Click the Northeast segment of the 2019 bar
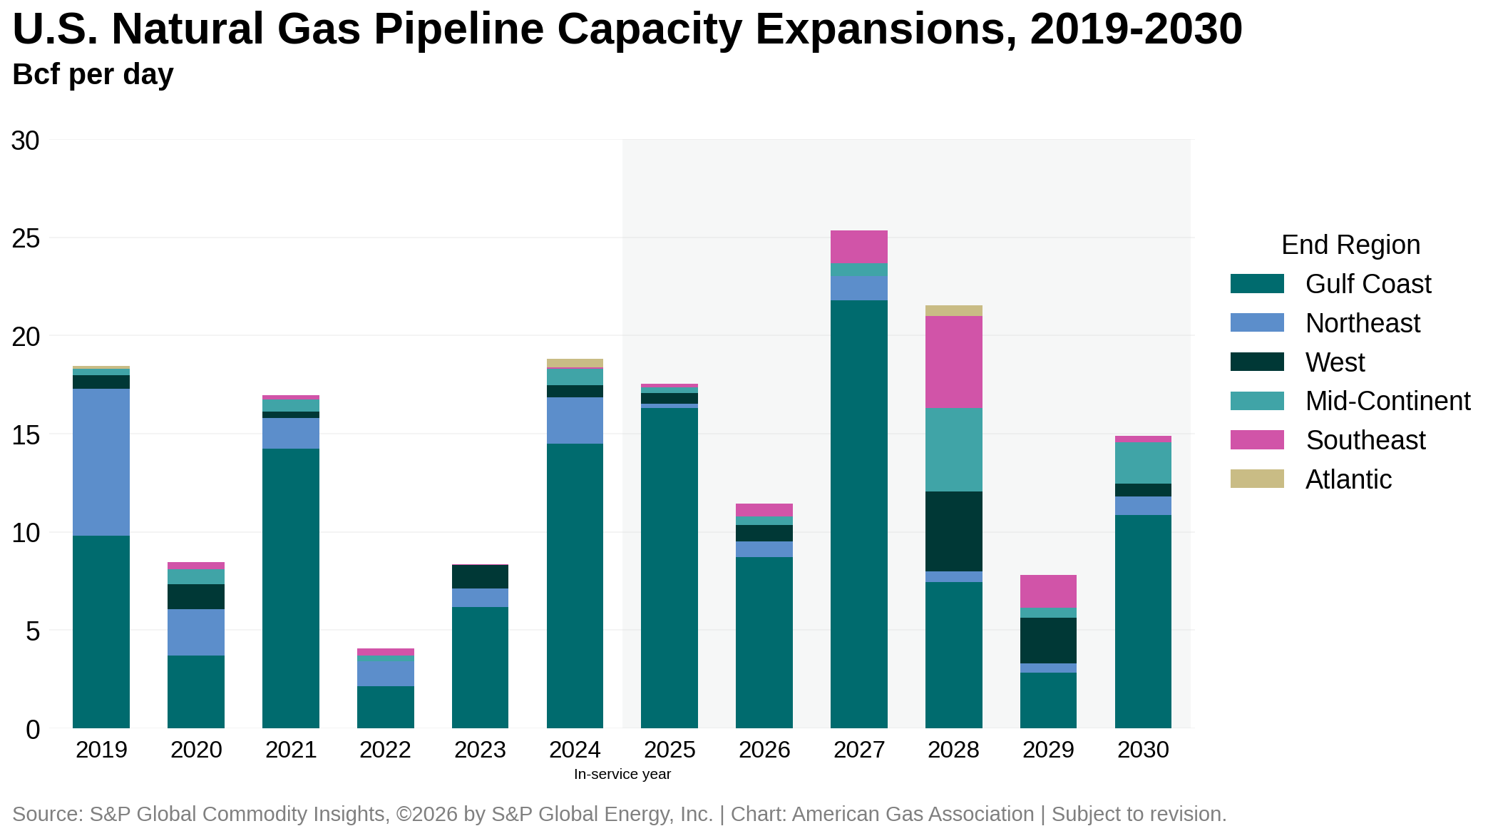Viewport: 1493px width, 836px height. coord(101,462)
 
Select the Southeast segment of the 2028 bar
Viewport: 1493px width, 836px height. coord(953,362)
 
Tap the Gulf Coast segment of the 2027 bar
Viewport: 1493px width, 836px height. coord(858,514)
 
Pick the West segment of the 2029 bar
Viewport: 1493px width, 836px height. coord(1048,641)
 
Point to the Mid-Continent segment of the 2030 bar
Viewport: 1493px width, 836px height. coord(1143,463)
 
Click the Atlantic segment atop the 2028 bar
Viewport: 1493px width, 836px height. coord(953,311)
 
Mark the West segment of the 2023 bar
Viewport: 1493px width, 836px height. coord(480,576)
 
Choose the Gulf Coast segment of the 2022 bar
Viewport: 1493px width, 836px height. coord(385,707)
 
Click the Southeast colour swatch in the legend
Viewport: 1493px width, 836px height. coord(1257,440)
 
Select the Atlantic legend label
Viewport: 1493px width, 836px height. coord(1348,479)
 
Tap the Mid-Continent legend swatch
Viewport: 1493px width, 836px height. coord(1257,401)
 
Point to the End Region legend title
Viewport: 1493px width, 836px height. coord(1350,245)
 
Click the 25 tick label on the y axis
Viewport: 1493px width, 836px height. coord(26,239)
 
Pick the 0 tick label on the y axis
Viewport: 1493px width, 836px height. coord(33,730)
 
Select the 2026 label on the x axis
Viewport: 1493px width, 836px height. coord(764,750)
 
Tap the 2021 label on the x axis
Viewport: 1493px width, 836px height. coord(291,750)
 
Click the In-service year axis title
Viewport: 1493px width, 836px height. coord(622,774)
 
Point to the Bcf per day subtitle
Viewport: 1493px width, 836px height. coord(93,74)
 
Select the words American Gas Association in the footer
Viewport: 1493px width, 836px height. coord(913,814)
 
